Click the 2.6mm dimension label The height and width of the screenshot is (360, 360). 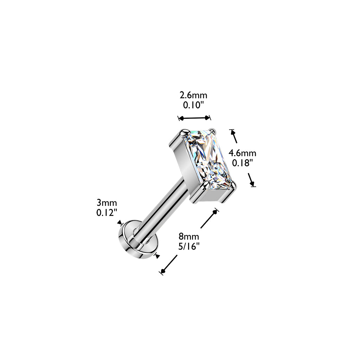point(193,95)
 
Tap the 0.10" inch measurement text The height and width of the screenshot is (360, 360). point(193,105)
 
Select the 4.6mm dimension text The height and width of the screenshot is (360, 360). point(242,153)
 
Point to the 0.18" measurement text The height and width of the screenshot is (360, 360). point(242,163)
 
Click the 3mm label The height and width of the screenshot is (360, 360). point(107,203)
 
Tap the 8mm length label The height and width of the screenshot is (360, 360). point(189,236)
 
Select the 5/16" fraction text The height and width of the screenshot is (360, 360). point(189,246)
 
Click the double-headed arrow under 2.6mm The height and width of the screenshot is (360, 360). point(194,118)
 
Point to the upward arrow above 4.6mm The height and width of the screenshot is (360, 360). point(234,136)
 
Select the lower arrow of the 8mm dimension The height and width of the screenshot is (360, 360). point(169,265)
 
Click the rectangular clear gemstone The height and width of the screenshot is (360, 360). point(208,160)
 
